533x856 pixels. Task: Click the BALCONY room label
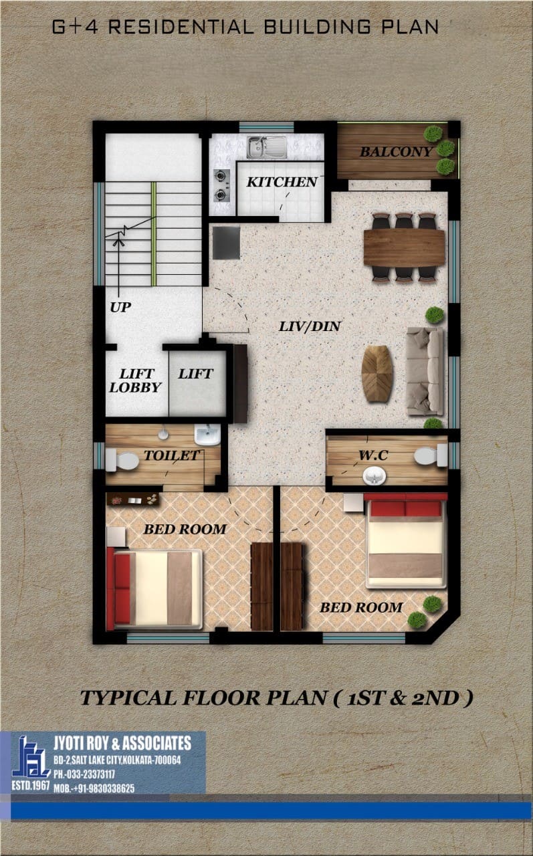tap(396, 152)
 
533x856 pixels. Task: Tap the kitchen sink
tap(267, 146)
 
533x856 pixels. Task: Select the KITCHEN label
tap(282, 183)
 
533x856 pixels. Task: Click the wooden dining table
tap(404, 247)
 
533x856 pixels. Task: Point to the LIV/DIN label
tap(310, 326)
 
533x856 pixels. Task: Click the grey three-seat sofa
tap(425, 371)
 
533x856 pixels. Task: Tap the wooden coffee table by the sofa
tap(377, 373)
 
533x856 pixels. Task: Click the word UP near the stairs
tap(120, 307)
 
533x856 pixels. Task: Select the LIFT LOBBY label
tap(135, 381)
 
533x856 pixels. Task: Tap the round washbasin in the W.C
tap(374, 476)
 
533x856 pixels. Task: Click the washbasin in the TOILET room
tap(207, 435)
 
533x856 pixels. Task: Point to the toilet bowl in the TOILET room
tap(122, 461)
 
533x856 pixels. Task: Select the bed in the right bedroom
tap(406, 540)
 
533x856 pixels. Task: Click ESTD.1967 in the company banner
tap(31, 786)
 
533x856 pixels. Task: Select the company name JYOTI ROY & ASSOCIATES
tap(122, 743)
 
